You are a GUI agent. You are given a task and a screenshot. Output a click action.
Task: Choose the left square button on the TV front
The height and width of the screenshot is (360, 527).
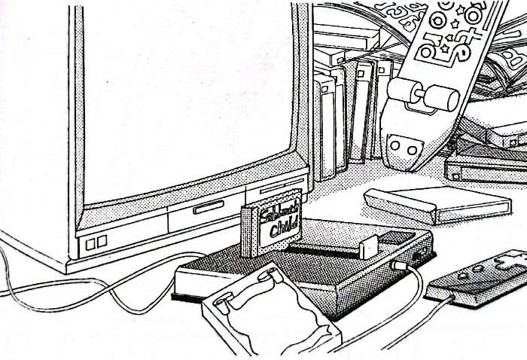click(x=92, y=243)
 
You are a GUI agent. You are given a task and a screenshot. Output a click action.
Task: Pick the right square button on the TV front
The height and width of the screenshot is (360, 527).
click(x=102, y=241)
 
